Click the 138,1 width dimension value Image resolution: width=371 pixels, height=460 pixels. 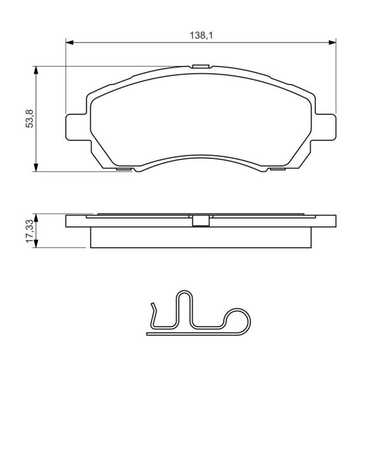(201, 35)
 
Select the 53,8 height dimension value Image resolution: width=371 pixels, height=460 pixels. (31, 119)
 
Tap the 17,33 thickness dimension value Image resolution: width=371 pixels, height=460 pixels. (31, 231)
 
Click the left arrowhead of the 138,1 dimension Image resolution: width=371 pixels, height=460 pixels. (69, 43)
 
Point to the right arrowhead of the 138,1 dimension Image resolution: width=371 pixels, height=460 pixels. (332, 43)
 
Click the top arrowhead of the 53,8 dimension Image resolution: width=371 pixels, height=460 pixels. (36, 70)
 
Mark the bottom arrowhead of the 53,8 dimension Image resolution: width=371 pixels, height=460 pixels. (36, 168)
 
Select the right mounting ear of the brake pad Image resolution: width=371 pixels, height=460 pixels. (326, 127)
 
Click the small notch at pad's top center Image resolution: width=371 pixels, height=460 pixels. (200, 66)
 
